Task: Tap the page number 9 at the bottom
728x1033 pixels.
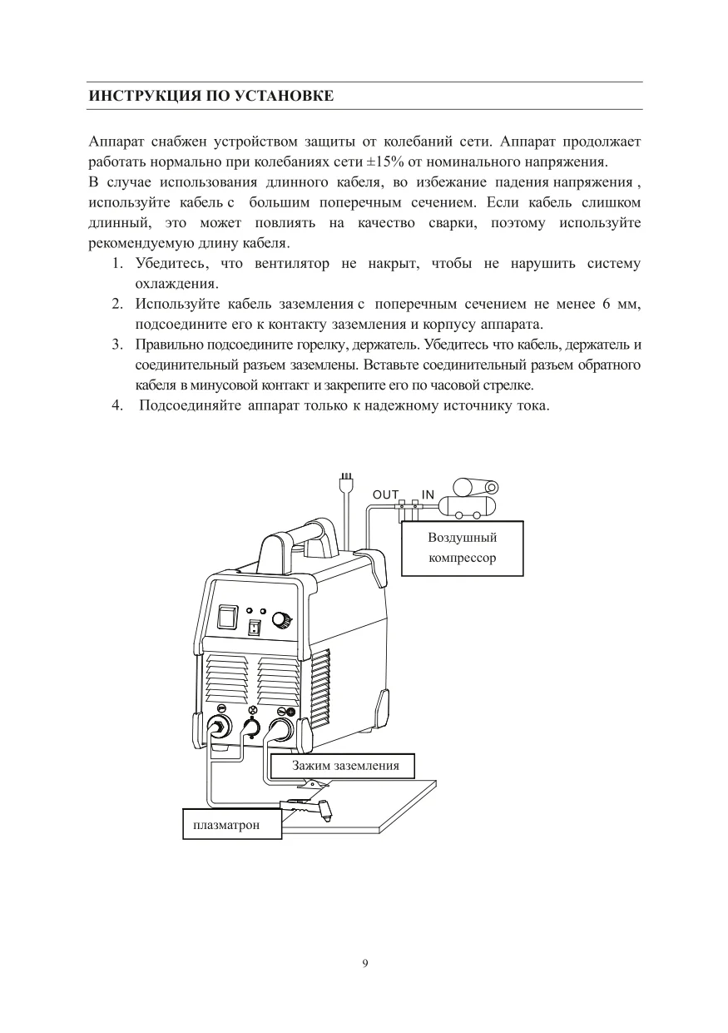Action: point(365,964)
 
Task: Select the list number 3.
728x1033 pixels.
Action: point(118,344)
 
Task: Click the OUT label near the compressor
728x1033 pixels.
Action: point(385,494)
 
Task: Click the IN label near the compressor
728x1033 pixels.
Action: point(428,494)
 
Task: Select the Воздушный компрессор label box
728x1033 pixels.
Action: point(463,548)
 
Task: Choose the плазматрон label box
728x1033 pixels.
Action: point(232,825)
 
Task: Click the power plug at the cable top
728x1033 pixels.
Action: point(347,482)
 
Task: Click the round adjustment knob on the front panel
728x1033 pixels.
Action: point(283,619)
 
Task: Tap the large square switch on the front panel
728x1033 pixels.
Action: point(227,615)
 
